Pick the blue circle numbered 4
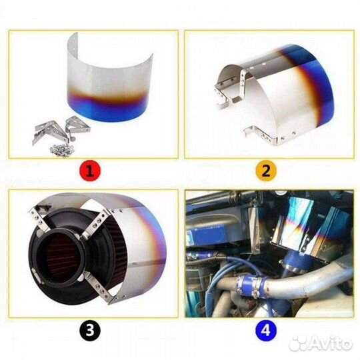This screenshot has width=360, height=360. tap(267, 329)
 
